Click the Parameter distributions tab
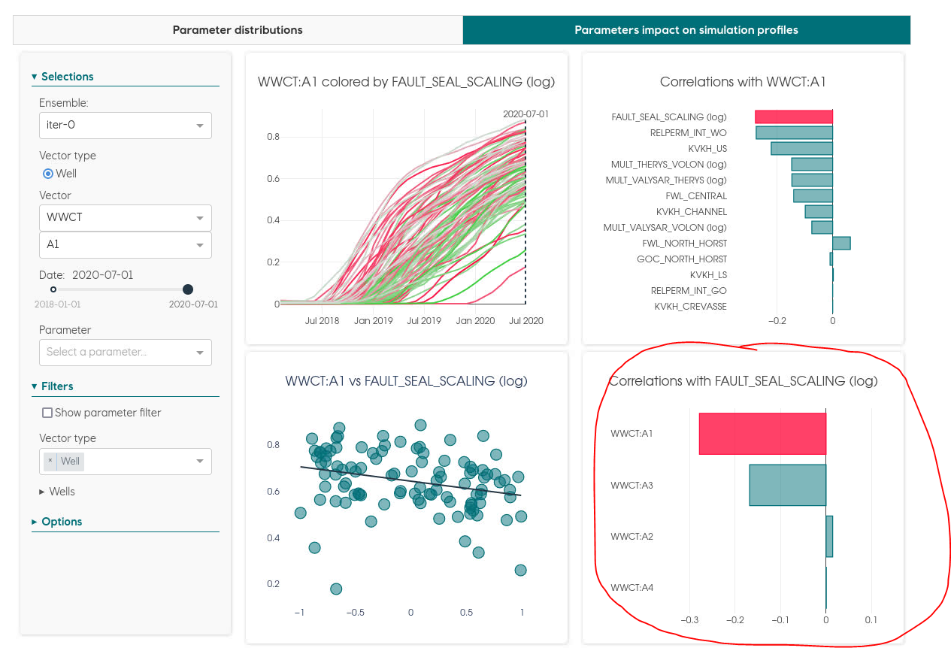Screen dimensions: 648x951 click(x=238, y=30)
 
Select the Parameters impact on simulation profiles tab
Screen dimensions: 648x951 click(x=686, y=30)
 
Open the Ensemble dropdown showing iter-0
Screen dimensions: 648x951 click(x=125, y=126)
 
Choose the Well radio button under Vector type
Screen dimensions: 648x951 click(x=48, y=174)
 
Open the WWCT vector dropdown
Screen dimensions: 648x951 click(x=125, y=218)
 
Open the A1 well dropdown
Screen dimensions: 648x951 click(x=125, y=245)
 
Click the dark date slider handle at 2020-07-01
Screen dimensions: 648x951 click(x=188, y=289)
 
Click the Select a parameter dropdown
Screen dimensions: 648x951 click(x=125, y=352)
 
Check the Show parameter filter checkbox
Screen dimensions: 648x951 click(x=47, y=413)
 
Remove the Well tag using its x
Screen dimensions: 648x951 click(x=50, y=461)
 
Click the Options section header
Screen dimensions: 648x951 click(x=62, y=522)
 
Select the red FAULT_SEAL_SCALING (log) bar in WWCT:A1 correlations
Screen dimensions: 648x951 click(x=794, y=117)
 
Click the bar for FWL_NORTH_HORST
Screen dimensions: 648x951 click(x=841, y=243)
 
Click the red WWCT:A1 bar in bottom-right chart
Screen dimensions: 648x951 click(x=762, y=434)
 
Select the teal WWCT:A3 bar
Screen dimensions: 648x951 click(x=787, y=485)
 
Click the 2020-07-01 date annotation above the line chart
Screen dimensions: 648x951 click(x=525, y=114)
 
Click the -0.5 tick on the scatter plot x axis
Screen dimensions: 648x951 click(x=355, y=613)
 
